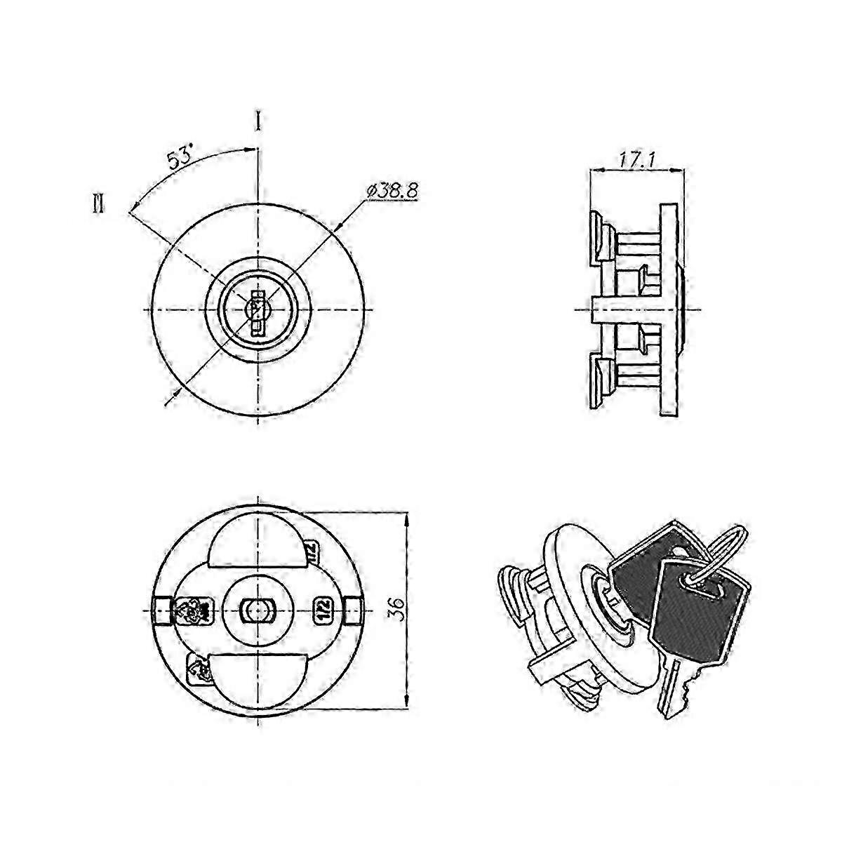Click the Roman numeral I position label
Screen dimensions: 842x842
pyautogui.click(x=258, y=121)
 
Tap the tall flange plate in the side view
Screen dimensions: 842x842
pyautogui.click(x=669, y=309)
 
